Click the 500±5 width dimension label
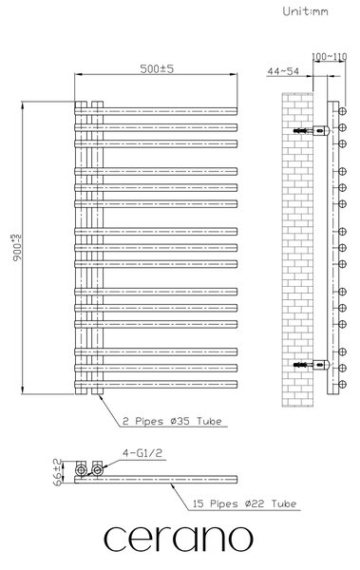coord(157,68)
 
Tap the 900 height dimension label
coord(17,248)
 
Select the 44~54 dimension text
coord(283,71)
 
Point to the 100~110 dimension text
coord(330,57)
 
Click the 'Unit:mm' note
coord(306,11)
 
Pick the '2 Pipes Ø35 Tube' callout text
coord(172,421)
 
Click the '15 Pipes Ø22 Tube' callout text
coord(244,503)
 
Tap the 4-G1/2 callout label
coord(142,453)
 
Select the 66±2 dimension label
coord(57,472)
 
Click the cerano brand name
coord(179,539)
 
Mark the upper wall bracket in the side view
coord(312,130)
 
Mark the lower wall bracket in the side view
coord(312,364)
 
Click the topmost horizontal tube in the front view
coord(156,111)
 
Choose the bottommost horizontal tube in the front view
coord(156,384)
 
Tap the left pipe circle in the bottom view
coord(81,471)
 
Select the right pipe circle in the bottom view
coord(97,471)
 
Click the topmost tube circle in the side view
coord(342,111)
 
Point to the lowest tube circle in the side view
coord(342,384)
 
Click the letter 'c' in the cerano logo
coord(116,539)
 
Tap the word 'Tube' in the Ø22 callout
coord(284,503)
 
